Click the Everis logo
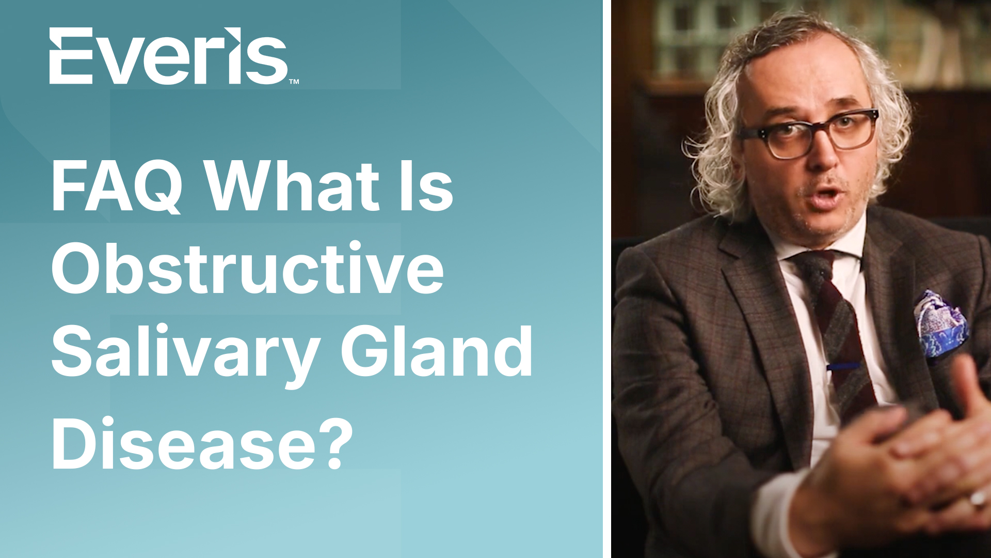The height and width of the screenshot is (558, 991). pyautogui.click(x=174, y=56)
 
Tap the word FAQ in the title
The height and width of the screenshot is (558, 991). pyautogui.click(x=117, y=187)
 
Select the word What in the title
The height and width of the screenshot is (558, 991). pyautogui.click(x=293, y=185)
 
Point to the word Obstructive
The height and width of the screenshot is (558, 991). pyautogui.click(x=247, y=268)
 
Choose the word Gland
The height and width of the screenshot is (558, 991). pyautogui.click(x=437, y=351)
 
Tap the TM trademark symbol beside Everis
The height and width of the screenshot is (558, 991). pyautogui.click(x=294, y=81)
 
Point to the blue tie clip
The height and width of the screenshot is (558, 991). pyautogui.click(x=843, y=366)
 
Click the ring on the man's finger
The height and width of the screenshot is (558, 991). pyautogui.click(x=978, y=499)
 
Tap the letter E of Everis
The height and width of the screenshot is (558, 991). pyautogui.click(x=71, y=56)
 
